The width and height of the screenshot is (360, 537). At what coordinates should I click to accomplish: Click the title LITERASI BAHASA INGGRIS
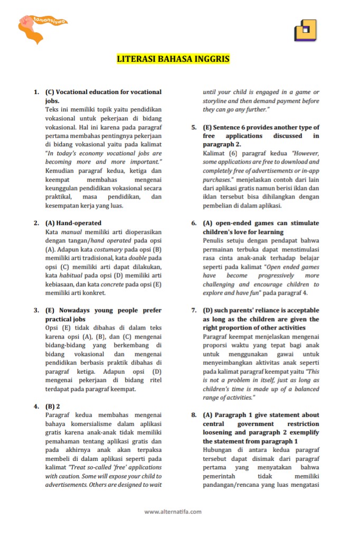[173, 59]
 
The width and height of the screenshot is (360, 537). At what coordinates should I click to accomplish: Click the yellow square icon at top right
[305, 30]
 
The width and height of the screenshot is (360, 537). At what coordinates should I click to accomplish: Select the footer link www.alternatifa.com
[173, 511]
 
